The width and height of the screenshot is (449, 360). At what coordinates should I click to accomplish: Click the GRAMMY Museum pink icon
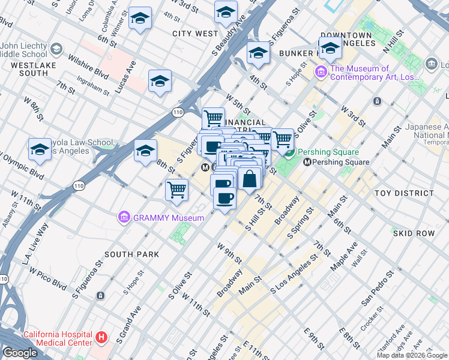pyautogui.click(x=124, y=217)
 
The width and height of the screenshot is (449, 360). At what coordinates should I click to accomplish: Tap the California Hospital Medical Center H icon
pyautogui.click(x=101, y=338)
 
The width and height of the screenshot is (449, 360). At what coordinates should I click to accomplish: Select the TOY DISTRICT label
pyautogui.click(x=403, y=193)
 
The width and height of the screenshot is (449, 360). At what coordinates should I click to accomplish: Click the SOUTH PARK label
pyautogui.click(x=132, y=254)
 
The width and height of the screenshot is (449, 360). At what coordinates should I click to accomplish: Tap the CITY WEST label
pyautogui.click(x=195, y=34)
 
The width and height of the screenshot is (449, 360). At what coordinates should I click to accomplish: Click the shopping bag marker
pyautogui.click(x=250, y=178)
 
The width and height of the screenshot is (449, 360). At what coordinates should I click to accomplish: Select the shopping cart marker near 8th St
pyautogui.click(x=176, y=190)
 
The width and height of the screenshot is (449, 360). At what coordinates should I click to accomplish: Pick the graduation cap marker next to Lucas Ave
pyautogui.click(x=160, y=81)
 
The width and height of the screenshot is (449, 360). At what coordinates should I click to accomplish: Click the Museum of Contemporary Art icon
pyautogui.click(x=321, y=73)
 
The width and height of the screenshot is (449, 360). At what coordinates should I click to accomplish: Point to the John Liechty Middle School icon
pyautogui.click(x=56, y=48)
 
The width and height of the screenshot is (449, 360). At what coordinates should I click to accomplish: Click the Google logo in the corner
pyautogui.click(x=19, y=353)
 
